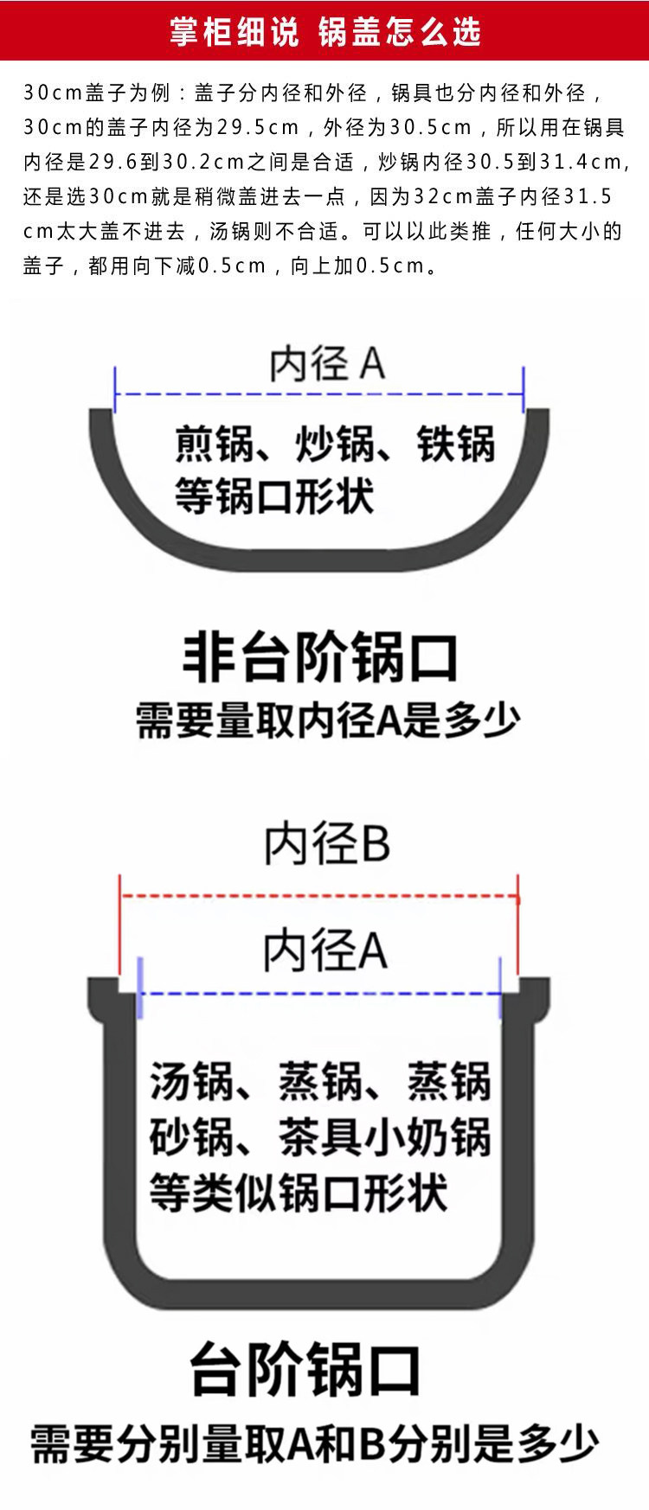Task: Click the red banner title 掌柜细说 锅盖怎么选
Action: click(324, 32)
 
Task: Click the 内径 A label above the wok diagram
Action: click(326, 363)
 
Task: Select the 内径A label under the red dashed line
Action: click(325, 950)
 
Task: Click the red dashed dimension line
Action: click(318, 897)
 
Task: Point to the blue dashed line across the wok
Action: click(318, 394)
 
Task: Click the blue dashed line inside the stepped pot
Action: click(318, 994)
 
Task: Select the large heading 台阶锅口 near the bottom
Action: click(305, 1369)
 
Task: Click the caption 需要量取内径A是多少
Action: click(328, 720)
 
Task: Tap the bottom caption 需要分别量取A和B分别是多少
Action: click(315, 1442)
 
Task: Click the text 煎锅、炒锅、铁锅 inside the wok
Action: click(335, 444)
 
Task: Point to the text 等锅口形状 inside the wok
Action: click(274, 496)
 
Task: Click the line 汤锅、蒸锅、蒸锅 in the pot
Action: click(320, 1081)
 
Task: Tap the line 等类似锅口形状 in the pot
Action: click(299, 1193)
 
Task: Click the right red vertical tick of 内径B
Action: click(517, 934)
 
